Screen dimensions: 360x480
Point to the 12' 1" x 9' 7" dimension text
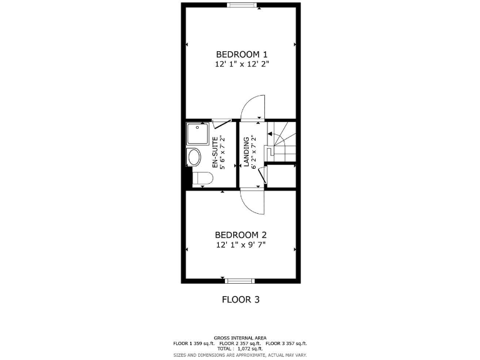click(x=241, y=244)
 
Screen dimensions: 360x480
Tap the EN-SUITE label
click(x=215, y=153)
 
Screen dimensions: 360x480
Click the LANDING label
click(x=247, y=153)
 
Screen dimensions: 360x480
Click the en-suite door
click(x=221, y=123)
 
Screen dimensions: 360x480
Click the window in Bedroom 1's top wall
click(x=246, y=5)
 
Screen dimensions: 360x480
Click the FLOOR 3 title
click(x=241, y=299)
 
